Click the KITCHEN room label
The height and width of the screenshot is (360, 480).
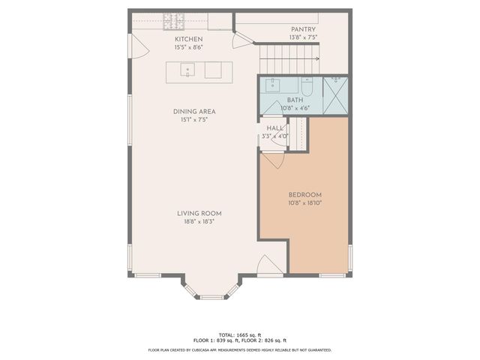pos(188,39)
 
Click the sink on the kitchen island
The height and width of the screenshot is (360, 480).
pos(187,70)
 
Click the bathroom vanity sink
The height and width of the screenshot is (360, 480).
pos(273,84)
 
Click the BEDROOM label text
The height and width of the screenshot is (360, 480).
pos(304,194)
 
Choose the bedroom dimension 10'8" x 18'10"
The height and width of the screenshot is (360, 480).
pos(304,202)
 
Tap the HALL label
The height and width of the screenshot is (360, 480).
pos(275,128)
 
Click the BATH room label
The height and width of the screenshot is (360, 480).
pos(294,100)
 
